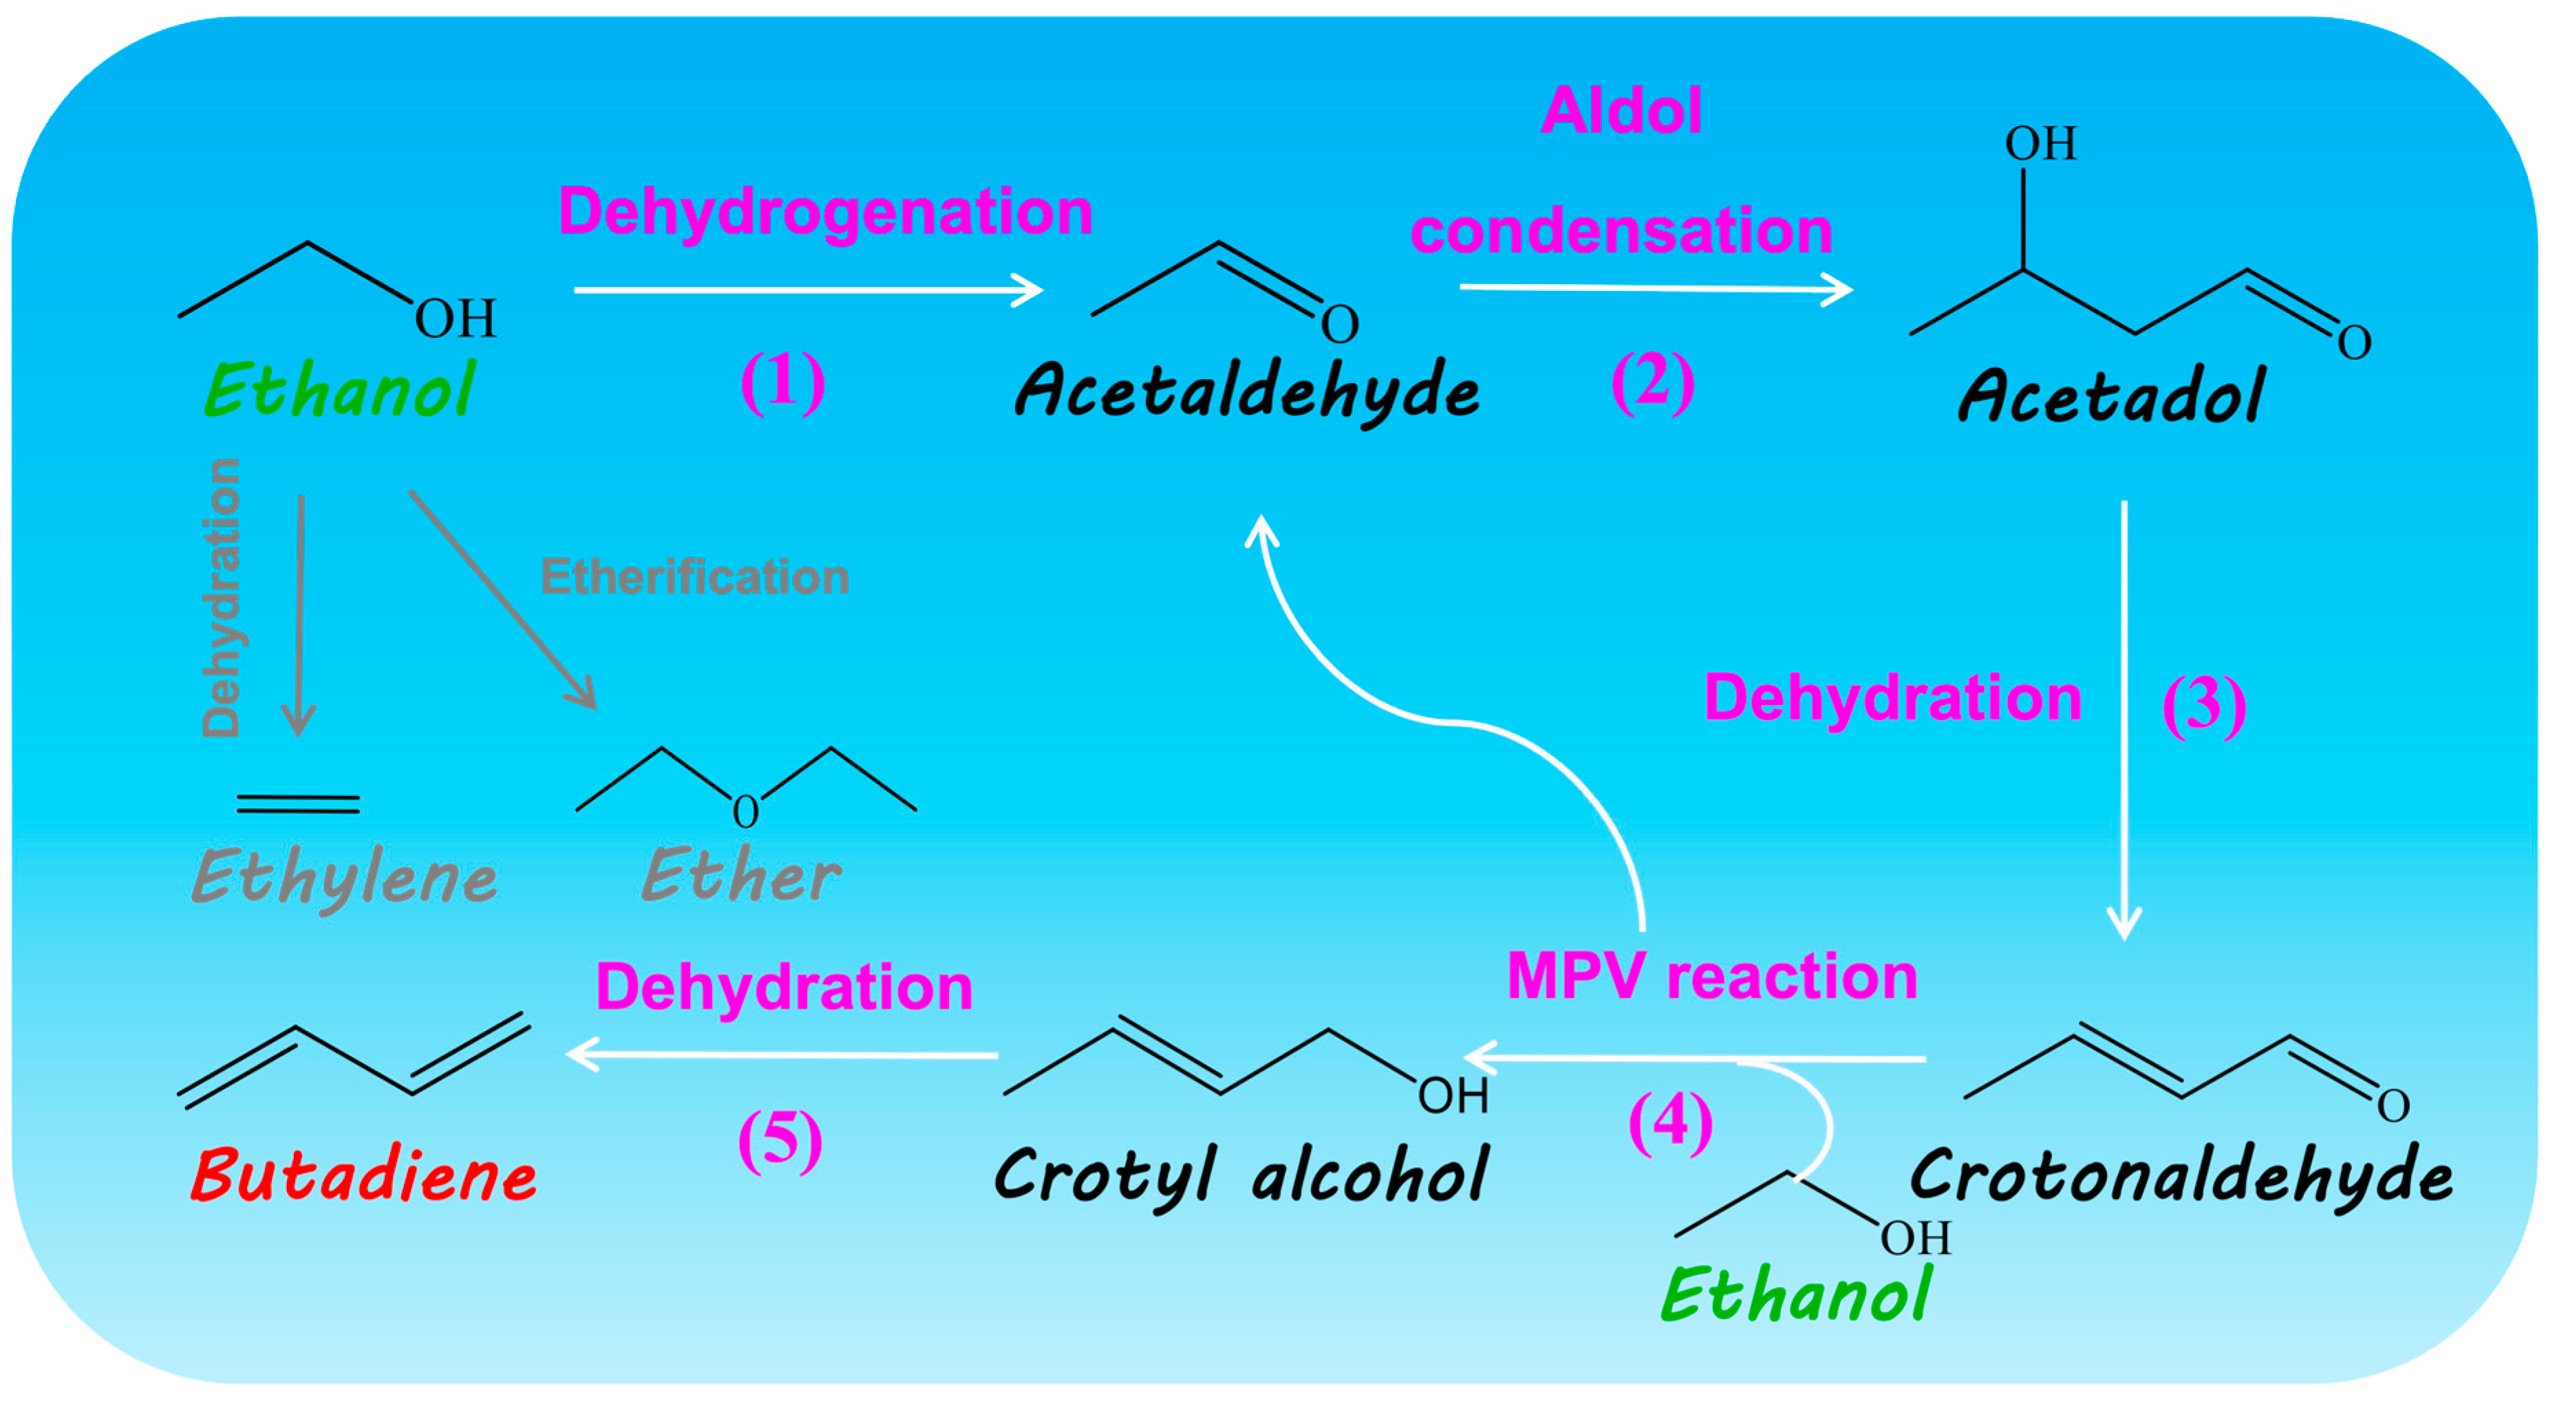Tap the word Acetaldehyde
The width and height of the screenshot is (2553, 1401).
click(1247, 391)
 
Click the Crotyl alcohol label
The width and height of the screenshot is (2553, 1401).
click(1241, 1176)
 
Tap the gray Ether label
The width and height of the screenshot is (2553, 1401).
click(741, 876)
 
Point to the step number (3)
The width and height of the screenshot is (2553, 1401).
click(2203, 706)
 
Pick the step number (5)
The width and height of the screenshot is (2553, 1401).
click(780, 1140)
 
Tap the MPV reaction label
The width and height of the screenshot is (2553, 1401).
click(1711, 977)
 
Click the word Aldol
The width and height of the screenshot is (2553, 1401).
click(1621, 110)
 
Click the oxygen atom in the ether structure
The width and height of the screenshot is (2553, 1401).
click(745, 812)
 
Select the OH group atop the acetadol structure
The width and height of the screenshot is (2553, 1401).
click(2040, 144)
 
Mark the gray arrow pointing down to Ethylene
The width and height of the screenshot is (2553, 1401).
click(299, 614)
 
